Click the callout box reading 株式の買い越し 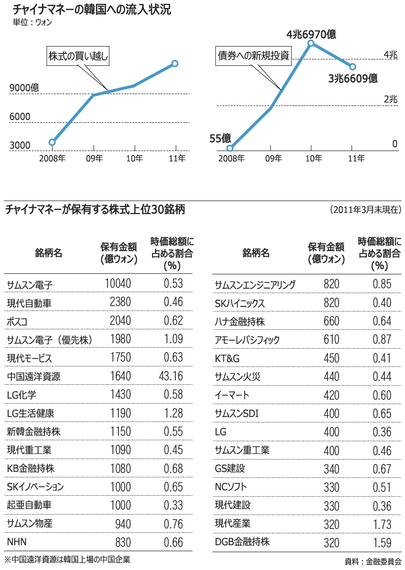click(78, 56)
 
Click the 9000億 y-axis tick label click(24, 88)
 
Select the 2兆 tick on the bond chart click(390, 99)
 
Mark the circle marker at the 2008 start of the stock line click(52, 142)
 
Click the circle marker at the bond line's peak click(311, 44)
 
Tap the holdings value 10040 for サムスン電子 click(118, 284)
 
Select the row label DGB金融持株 click(242, 542)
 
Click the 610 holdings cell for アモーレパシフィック click(331, 340)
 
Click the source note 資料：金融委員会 click(373, 562)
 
